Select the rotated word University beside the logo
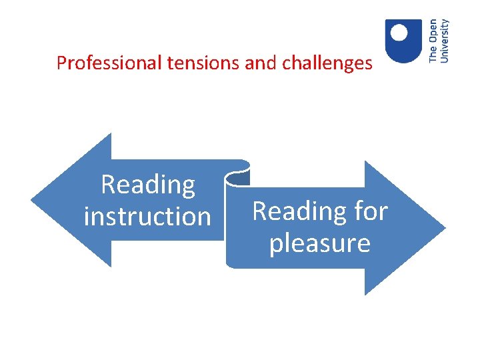[x=445, y=41]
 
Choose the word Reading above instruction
[x=148, y=185]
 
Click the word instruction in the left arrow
[x=147, y=216]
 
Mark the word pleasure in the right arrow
[x=319, y=243]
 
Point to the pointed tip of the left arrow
[x=33, y=200]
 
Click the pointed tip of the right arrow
[x=444, y=228]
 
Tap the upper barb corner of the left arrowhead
[x=110, y=134]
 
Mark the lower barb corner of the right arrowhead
[x=365, y=293]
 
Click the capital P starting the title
[x=61, y=63]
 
